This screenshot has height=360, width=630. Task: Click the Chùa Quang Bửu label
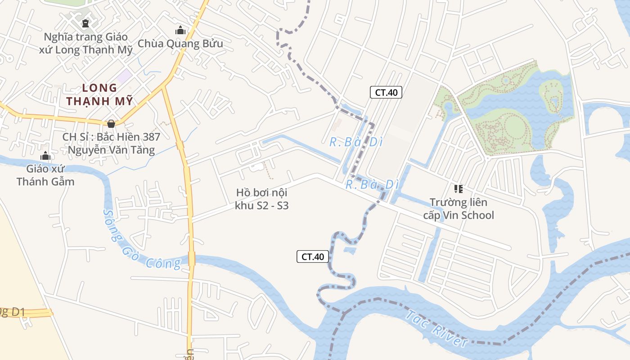coord(180,44)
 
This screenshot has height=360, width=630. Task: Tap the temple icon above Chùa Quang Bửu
coord(180,30)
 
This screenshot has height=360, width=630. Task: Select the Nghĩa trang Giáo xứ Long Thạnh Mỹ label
coord(86,43)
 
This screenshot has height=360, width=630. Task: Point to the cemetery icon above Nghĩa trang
coord(85,23)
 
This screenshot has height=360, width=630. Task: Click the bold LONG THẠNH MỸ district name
coord(99,94)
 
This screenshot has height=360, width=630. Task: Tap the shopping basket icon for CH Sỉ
coord(111,123)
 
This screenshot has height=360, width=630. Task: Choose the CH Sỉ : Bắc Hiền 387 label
coord(111,143)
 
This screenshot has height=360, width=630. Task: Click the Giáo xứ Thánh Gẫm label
coord(45,175)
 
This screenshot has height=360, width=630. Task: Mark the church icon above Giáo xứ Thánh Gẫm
coord(45,156)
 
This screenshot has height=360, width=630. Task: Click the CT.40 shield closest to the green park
coord(386,93)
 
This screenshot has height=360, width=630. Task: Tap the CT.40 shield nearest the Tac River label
coord(313,256)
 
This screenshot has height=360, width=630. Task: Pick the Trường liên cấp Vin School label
coord(458,209)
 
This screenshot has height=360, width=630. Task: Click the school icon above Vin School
coord(458,189)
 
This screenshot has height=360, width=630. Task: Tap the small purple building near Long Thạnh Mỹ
coord(124,75)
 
